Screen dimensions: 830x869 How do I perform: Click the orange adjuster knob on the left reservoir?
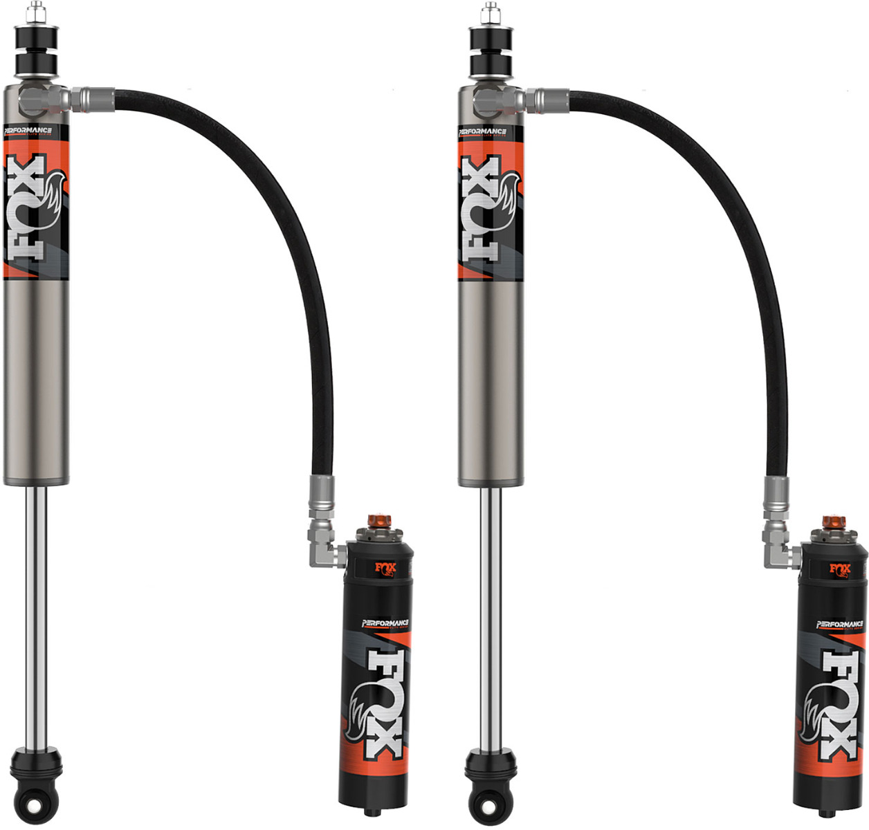click(x=379, y=521)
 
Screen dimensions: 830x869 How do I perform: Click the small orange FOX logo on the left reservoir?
click(x=385, y=569)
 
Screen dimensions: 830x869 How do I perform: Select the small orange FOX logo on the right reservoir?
click(x=840, y=570)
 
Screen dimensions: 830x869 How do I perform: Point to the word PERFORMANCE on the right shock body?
click(x=482, y=131)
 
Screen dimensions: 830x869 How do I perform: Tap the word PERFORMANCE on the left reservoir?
click(x=385, y=623)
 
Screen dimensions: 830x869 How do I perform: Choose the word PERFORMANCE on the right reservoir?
click(x=839, y=625)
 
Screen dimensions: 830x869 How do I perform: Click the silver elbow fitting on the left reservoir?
click(x=325, y=546)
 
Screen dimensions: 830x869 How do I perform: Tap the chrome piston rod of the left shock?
click(x=37, y=616)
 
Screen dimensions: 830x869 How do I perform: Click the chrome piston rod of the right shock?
click(x=491, y=616)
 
